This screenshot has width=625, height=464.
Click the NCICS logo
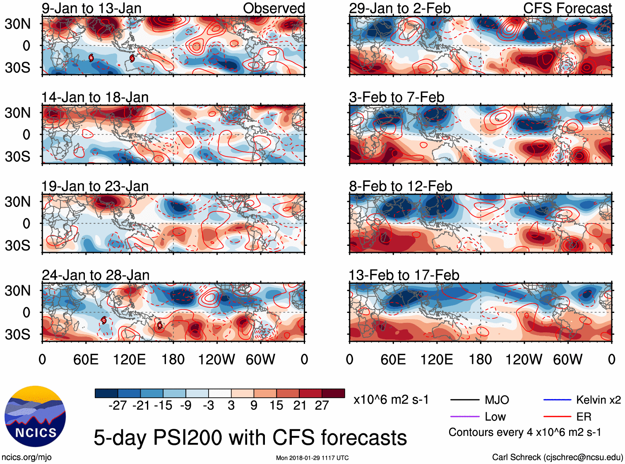coord(35,416)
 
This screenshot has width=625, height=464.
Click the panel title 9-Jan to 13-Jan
coord(91,8)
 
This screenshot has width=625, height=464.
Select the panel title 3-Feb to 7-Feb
coord(397,97)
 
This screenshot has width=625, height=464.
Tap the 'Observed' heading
coord(274,8)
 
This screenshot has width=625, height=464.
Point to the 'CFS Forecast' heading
coord(567,8)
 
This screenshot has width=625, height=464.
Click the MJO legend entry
coord(497,400)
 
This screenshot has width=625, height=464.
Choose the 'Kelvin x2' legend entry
coord(598,400)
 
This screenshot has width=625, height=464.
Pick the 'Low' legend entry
coord(495,417)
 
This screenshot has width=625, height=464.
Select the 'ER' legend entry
coord(584,417)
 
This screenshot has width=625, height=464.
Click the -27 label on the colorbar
coord(118,406)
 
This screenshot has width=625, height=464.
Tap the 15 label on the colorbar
coord(276,406)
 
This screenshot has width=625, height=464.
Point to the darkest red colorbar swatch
coord(333,393)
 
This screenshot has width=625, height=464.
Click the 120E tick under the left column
coord(130,359)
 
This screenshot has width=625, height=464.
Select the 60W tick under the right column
coord(567,359)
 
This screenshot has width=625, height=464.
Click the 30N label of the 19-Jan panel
coord(17,202)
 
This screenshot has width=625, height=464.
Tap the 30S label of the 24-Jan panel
coord(17,334)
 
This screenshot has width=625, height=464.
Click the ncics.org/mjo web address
coord(26,457)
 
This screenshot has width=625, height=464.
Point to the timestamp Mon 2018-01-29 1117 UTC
coord(312,458)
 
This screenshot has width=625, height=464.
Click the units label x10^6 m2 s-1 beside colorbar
coord(391,400)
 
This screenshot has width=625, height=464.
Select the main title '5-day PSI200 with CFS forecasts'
coord(250,438)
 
